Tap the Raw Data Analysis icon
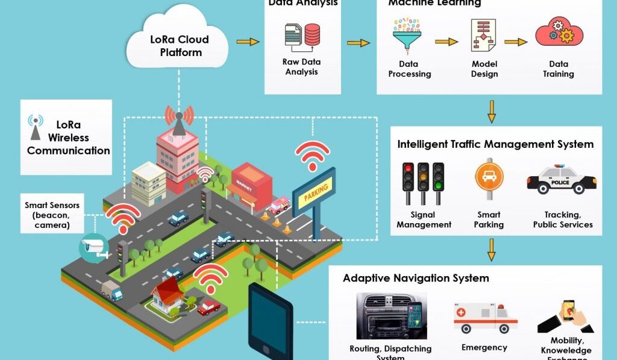[x=302, y=36]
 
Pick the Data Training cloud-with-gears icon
[x=558, y=34]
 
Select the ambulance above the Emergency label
[x=484, y=318]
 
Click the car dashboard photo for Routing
[x=391, y=317]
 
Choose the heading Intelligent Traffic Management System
[x=495, y=144]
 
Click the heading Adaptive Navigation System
[x=416, y=278]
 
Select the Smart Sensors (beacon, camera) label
[x=52, y=215]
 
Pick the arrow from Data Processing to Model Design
[x=446, y=42]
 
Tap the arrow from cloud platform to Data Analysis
[x=248, y=42]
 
